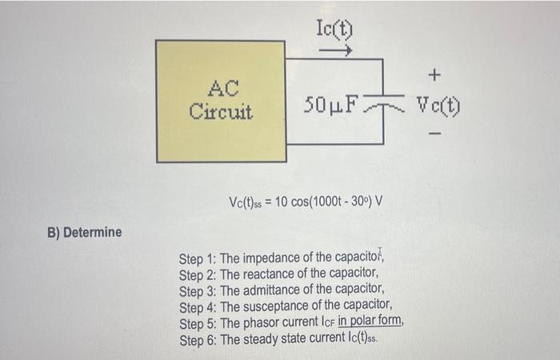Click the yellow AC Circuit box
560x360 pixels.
tap(220, 100)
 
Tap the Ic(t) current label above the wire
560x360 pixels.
tap(335, 30)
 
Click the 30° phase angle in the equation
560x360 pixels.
tap(357, 199)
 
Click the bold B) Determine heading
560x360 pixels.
tap(84, 233)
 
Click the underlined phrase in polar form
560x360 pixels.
tap(370, 322)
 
